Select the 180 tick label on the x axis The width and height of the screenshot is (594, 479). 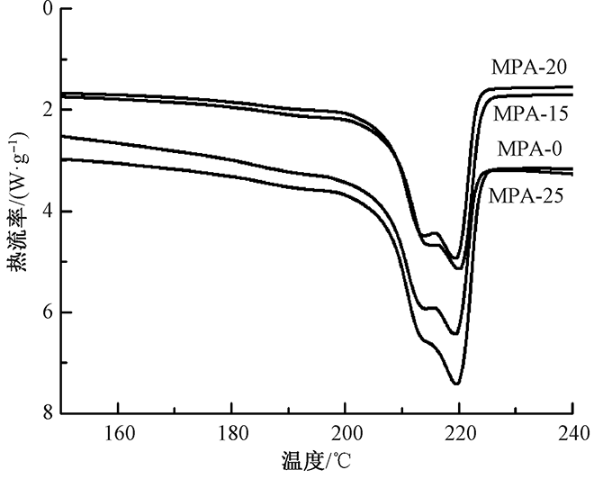tap(231, 430)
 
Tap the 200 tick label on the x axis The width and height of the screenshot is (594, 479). tap(346, 430)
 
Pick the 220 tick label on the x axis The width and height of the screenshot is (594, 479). tap(459, 430)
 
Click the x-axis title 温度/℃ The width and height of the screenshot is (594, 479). tap(319, 462)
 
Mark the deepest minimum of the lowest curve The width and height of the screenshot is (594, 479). tap(456, 384)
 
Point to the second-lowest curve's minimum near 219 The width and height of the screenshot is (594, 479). tap(455, 333)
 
